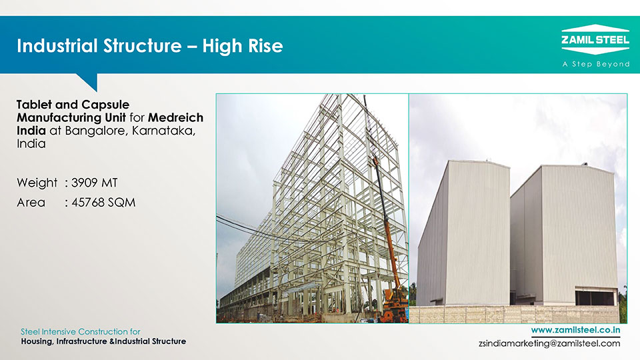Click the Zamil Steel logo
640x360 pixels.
(595, 39)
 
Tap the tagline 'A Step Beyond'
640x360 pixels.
(596, 64)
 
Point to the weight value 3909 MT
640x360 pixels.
(94, 183)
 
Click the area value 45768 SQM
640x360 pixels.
(103, 203)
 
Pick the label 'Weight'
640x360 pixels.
(37, 183)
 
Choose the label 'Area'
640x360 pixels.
(31, 203)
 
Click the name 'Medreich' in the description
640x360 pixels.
(175, 117)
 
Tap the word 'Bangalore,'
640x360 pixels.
(97, 131)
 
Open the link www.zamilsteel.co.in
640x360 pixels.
(575, 330)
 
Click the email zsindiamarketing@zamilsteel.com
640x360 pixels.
(549, 343)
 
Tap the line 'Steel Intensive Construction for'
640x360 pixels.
(81, 331)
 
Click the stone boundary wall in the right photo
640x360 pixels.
(514, 314)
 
